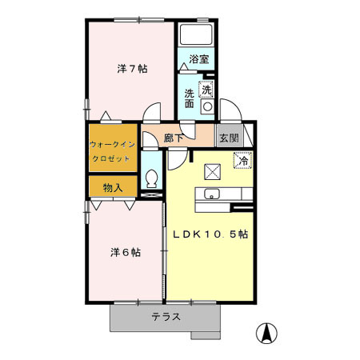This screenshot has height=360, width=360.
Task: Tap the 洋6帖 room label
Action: pyautogui.click(x=126, y=252)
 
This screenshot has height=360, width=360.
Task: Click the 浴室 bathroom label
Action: pyautogui.click(x=199, y=59)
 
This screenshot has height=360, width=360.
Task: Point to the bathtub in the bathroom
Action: pyautogui.click(x=194, y=35)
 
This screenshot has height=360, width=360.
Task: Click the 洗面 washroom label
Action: pyautogui.click(x=190, y=98)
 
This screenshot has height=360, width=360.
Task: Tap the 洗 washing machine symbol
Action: pyautogui.click(x=206, y=89)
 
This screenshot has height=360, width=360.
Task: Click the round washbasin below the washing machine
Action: pyautogui.click(x=206, y=106)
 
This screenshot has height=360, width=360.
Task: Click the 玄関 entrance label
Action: pyautogui.click(x=228, y=138)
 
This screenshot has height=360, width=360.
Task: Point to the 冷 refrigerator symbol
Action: pyautogui.click(x=241, y=161)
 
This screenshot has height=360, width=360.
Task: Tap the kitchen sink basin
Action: pyautogui.click(x=212, y=194)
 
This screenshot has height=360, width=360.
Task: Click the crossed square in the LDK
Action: pyautogui.click(x=213, y=170)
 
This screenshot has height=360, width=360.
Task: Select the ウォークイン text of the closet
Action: pyautogui.click(x=111, y=145)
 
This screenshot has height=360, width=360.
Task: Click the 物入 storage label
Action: pyautogui.click(x=112, y=188)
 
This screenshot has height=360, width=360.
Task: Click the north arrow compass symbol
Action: pyautogui.click(x=263, y=331)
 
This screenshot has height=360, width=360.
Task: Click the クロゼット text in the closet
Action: pyautogui.click(x=111, y=158)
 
